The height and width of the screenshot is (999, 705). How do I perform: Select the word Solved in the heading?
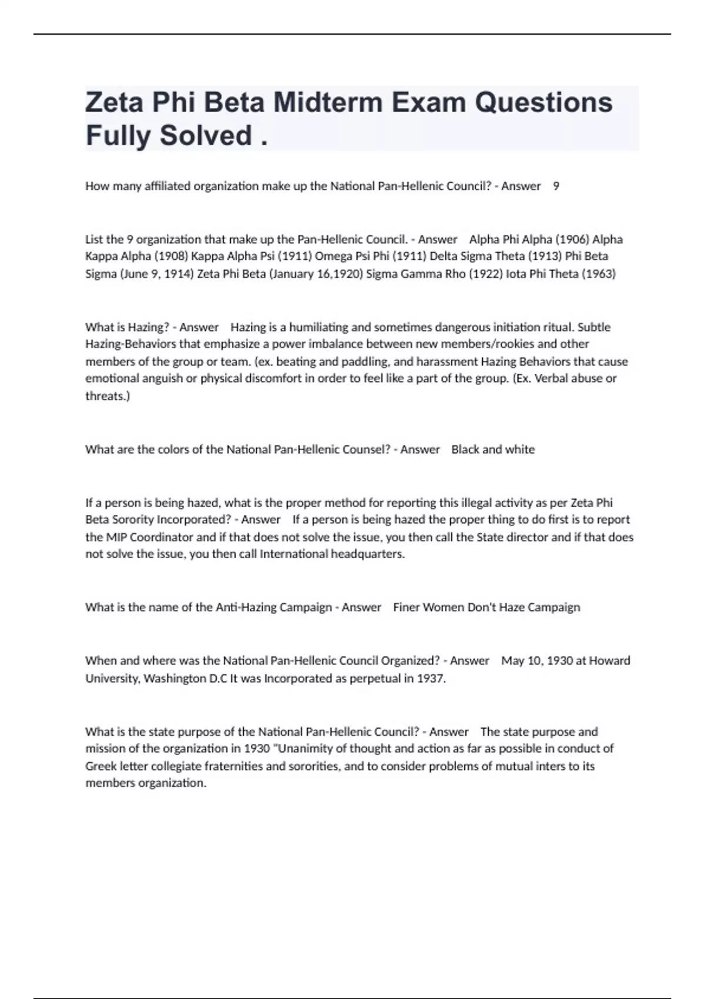[x=206, y=135]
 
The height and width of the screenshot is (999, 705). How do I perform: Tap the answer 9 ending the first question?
[x=556, y=186]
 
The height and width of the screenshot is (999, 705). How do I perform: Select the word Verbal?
[x=548, y=378]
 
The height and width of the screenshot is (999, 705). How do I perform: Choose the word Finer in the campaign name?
[x=407, y=608]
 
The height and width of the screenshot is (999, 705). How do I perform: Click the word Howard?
[x=609, y=661]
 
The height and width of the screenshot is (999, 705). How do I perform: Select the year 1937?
[x=431, y=679]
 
